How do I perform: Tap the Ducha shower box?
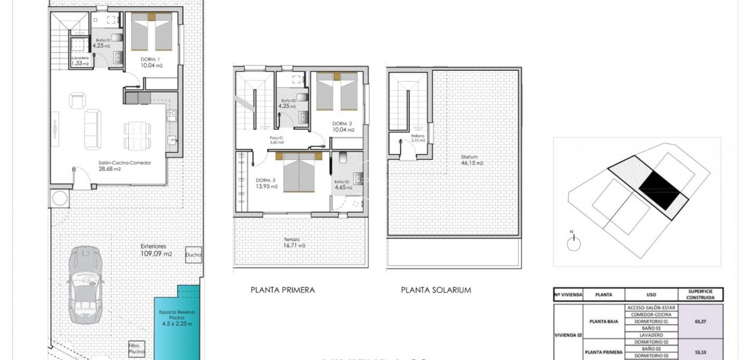[193, 255]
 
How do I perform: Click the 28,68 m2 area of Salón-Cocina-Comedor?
[110, 169]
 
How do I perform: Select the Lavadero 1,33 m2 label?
[80, 61]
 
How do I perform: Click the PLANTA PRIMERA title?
[282, 290]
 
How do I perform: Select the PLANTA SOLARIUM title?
[436, 290]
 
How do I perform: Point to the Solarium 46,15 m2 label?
[472, 160]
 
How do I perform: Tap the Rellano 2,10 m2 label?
[418, 138]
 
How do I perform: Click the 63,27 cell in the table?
[700, 321]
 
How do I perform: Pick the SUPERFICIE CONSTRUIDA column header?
[700, 295]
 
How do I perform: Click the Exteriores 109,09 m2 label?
[156, 250]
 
